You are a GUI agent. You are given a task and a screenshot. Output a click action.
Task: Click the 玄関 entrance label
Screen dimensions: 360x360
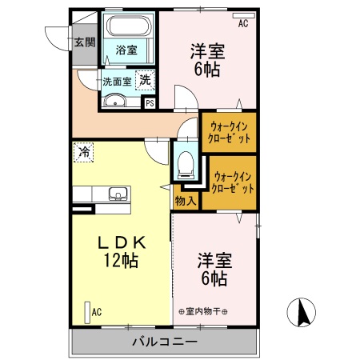point(84,42)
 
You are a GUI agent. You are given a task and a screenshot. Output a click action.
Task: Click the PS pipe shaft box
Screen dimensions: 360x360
point(149,102)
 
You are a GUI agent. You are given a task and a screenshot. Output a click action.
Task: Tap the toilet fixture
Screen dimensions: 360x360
point(186,162)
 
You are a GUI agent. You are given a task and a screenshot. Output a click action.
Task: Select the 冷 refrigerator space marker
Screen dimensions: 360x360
point(84,150)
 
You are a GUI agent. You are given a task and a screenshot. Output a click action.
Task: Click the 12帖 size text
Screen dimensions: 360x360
point(121,260)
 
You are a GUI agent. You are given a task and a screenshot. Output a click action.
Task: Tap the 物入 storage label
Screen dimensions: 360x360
point(185,201)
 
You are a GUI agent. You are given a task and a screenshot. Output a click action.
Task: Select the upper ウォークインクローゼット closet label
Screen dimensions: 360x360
point(230,132)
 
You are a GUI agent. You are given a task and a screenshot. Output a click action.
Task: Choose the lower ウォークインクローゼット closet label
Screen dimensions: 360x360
point(233,182)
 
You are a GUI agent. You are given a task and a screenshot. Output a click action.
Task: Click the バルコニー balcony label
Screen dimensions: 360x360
point(165,342)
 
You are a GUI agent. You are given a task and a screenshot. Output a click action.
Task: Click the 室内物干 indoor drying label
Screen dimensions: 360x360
point(203,311)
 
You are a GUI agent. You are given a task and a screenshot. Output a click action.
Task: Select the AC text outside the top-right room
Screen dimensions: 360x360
point(243,23)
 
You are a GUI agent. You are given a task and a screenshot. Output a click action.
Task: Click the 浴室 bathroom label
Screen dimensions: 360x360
point(126,50)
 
